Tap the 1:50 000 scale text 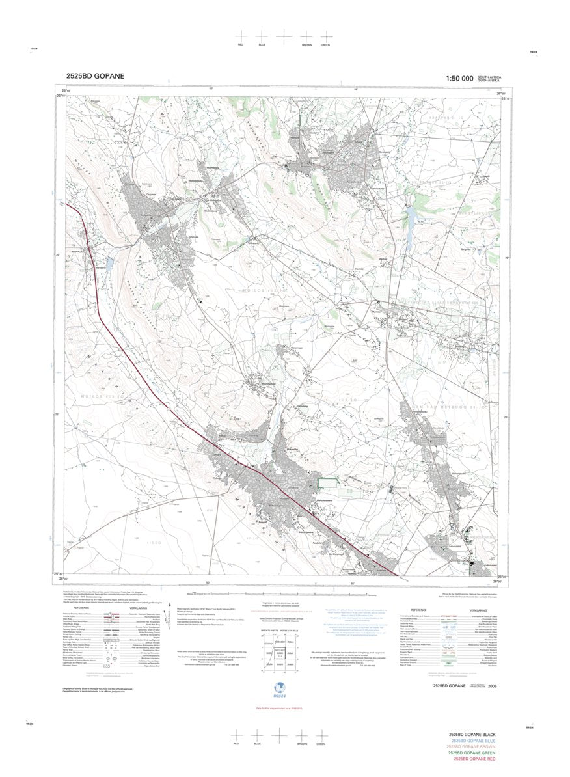pyautogui.click(x=459, y=78)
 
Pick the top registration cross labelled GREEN pyautogui.click(x=325, y=36)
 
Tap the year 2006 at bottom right pyautogui.click(x=500, y=686)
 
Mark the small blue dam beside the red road pyautogui.click(x=109, y=264)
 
